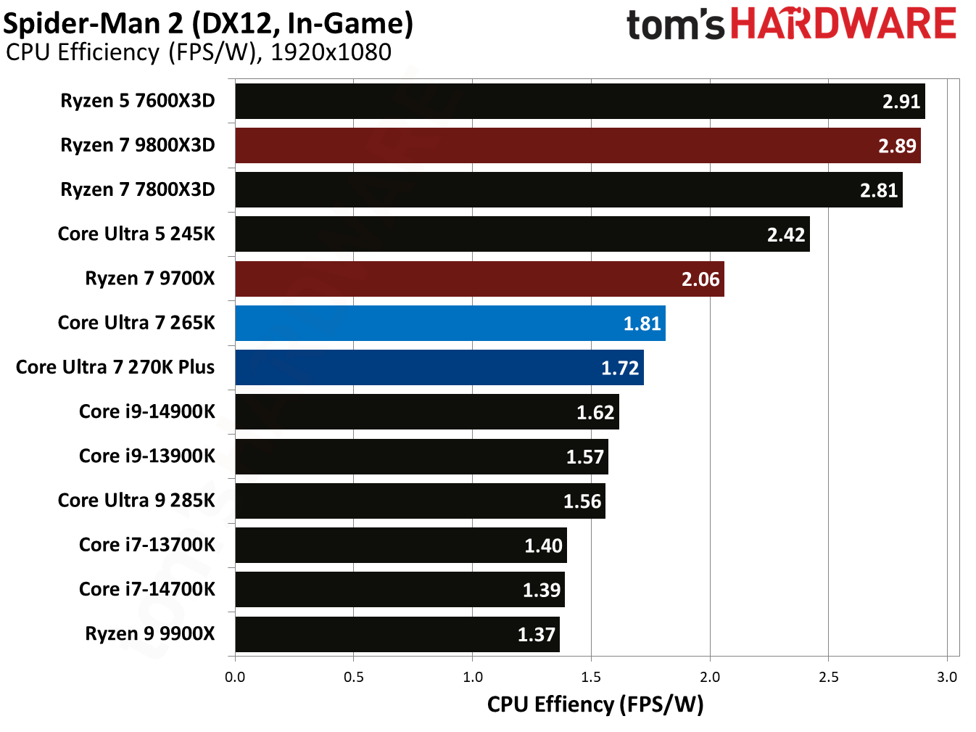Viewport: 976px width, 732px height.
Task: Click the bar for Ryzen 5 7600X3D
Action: pyautogui.click(x=580, y=101)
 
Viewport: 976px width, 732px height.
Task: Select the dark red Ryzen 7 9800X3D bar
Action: pyautogui.click(x=578, y=146)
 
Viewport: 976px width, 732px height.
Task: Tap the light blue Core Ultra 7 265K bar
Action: pyautogui.click(x=450, y=323)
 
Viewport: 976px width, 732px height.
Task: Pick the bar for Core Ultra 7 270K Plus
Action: pyautogui.click(x=439, y=368)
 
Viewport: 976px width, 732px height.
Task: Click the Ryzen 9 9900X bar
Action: pyautogui.click(x=397, y=634)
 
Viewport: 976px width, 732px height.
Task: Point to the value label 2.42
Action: pyautogui.click(x=786, y=235)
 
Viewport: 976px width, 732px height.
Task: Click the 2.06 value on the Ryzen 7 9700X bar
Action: pyautogui.click(x=700, y=279)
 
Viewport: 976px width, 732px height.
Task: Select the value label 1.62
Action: pyautogui.click(x=595, y=413)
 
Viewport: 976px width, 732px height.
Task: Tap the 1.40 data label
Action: pyautogui.click(x=543, y=546)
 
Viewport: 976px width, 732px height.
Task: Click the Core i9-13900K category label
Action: pyautogui.click(x=146, y=456)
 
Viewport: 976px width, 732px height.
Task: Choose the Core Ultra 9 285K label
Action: pyautogui.click(x=136, y=501)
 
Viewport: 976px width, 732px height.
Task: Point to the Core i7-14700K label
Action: pyautogui.click(x=146, y=589)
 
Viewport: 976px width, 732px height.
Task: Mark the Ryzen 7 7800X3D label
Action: pyautogui.click(x=138, y=189)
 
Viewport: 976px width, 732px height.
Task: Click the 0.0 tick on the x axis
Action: pyautogui.click(x=235, y=677)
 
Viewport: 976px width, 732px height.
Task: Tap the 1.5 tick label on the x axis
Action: pyautogui.click(x=591, y=677)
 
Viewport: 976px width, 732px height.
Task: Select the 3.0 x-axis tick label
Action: pyautogui.click(x=947, y=677)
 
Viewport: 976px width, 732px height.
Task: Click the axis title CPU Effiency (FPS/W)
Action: pyautogui.click(x=595, y=704)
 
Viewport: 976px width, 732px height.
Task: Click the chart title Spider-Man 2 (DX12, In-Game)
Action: pyautogui.click(x=208, y=23)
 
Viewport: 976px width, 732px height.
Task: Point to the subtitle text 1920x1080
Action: pyautogui.click(x=331, y=52)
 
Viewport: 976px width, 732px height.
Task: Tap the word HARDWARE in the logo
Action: pyautogui.click(x=843, y=24)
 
